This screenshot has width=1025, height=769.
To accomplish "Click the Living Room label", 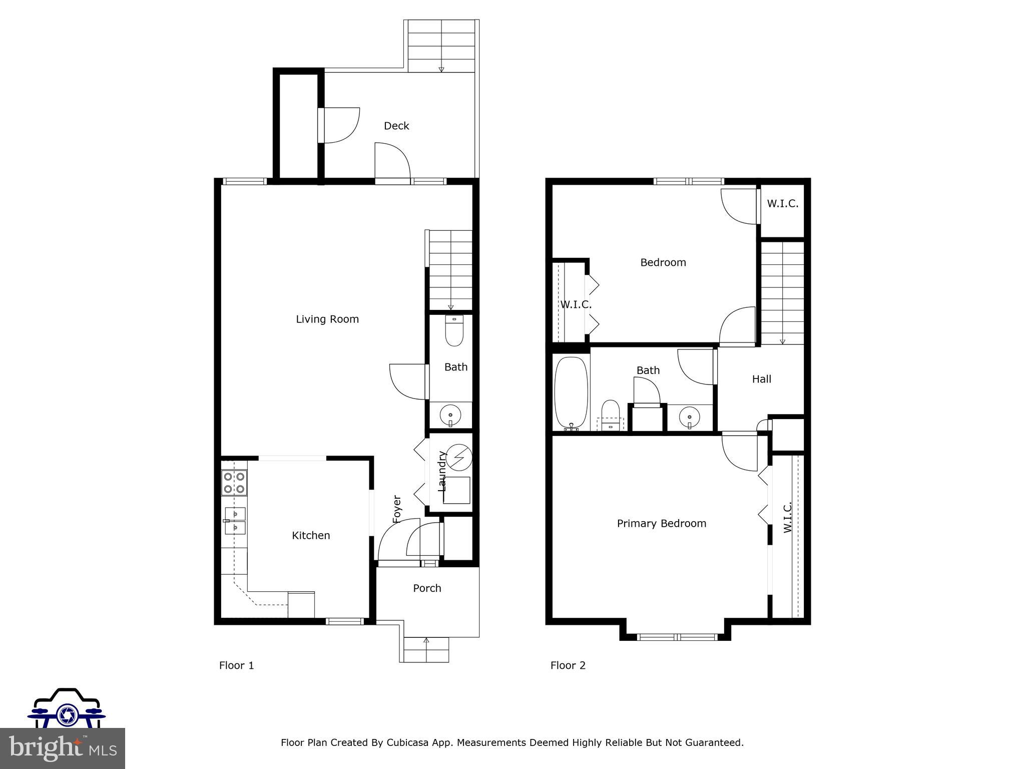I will point(327,319).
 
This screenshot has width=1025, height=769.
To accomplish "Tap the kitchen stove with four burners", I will point(234,483).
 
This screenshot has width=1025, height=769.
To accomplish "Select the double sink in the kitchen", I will point(235,521).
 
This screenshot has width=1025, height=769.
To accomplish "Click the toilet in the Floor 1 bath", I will point(454,331).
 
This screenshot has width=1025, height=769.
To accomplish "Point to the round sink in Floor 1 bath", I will point(450,415).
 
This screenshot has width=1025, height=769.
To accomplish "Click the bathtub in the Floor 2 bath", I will point(571,393).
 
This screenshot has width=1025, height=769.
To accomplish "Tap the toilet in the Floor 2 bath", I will point(610,415).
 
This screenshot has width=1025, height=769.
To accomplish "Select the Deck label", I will point(396,126).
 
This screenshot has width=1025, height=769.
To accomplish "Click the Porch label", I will point(427,588).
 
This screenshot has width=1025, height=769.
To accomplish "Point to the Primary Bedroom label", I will point(661,524).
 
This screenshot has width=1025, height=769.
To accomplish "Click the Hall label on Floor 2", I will point(761,379).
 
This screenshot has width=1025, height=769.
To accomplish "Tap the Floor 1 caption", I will point(236,665).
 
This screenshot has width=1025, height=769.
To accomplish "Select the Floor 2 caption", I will point(568,665).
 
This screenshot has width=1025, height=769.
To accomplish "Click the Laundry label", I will point(442,471).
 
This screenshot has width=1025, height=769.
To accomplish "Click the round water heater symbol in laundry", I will point(459,457).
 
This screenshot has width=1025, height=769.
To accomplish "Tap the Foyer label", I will point(397,509).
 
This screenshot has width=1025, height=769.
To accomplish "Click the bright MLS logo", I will point(62,748).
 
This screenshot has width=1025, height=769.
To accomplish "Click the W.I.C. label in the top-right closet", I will point(782,204).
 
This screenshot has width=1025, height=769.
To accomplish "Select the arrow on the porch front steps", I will point(426,640).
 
